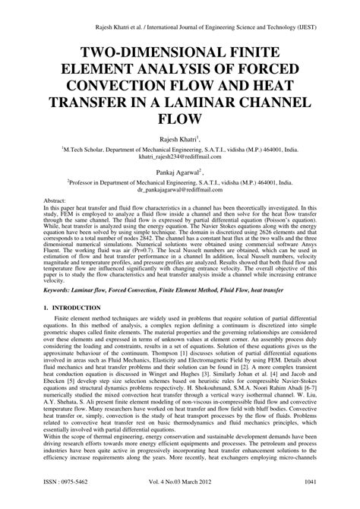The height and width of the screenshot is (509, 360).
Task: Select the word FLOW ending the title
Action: pos(180,119)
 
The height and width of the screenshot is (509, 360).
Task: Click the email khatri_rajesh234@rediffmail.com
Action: pos(180,158)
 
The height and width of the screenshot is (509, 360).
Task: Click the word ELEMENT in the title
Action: pos(102,66)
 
